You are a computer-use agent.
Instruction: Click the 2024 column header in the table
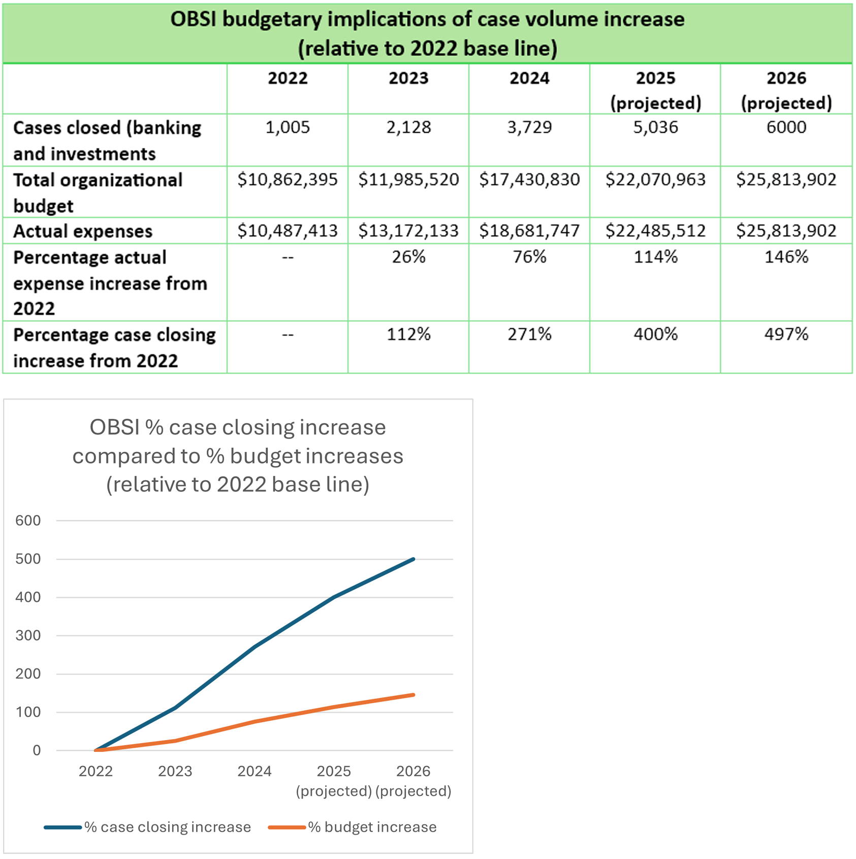point(529,78)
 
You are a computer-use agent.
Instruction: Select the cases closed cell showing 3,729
point(529,127)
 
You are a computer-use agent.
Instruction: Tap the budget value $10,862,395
point(288,179)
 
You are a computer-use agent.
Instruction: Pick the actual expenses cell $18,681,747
point(529,231)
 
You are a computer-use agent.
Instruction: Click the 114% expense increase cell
point(655,257)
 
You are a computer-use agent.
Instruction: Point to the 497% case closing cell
point(786,334)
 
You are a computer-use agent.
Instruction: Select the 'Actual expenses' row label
point(83,231)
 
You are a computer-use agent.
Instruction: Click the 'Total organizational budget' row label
point(98,193)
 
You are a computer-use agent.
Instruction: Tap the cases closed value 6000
point(786,127)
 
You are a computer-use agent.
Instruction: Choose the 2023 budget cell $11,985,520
point(408,179)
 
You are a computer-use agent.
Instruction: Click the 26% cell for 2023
point(408,257)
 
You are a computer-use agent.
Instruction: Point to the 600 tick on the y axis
point(28,520)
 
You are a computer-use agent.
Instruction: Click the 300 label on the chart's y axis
point(28,635)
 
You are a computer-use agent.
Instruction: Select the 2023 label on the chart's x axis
point(175,772)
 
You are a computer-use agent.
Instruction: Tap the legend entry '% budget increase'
point(372,827)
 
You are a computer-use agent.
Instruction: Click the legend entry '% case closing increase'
point(167,827)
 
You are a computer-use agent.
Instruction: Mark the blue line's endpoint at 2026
point(414,559)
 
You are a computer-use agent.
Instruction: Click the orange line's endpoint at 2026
point(414,695)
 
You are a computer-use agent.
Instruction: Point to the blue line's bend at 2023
point(175,708)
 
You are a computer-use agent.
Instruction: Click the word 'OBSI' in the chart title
point(114,427)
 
